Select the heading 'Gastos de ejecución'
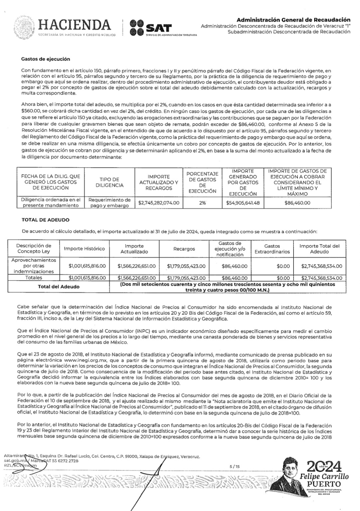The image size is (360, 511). click(46, 59)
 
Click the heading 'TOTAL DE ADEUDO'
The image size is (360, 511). click(46, 220)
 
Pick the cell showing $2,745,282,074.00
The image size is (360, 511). click(159, 203)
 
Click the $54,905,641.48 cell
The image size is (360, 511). click(243, 203)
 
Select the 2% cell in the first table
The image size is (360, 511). click(202, 203)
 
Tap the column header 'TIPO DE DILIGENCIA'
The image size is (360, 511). click(109, 182)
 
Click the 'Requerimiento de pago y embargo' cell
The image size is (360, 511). click(109, 203)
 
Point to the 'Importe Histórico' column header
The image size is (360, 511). click(84, 249)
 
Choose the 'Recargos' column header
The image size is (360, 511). click(184, 249)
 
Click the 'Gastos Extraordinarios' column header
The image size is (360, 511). click(272, 249)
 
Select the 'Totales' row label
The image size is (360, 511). click(34, 277)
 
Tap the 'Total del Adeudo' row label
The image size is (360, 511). click(59, 286)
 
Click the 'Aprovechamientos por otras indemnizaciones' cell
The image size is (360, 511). click(34, 265)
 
